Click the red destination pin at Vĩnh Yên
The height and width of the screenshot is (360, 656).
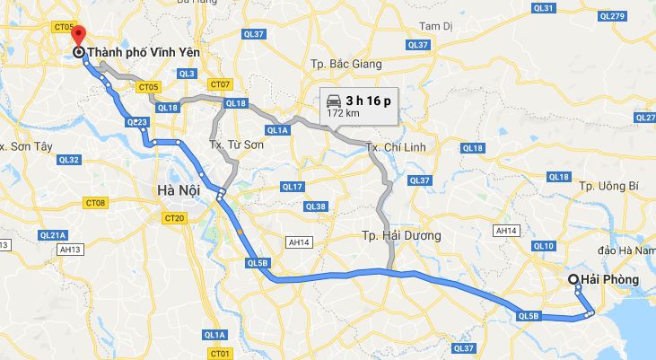78,37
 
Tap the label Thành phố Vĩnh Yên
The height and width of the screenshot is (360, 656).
144,53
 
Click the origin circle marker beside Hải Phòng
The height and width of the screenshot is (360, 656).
573,280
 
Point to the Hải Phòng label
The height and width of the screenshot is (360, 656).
610,280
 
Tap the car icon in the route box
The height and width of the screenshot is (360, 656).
333,101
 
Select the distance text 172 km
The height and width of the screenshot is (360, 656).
343,114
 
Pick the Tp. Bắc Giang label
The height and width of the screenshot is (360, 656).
345,64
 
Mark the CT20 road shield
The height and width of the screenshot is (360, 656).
174,218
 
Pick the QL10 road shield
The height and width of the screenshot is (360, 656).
543,245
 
